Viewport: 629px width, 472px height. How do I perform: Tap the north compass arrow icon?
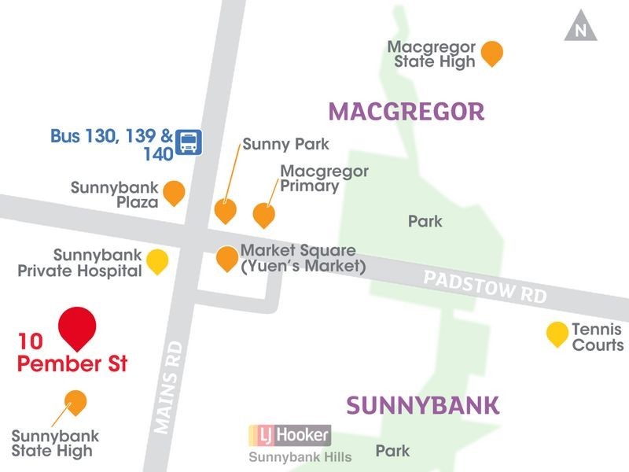581,28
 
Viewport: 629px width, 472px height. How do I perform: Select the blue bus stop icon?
189,142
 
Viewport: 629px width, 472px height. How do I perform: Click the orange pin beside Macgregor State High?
491,53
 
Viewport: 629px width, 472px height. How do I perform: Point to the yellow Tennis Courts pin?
557,334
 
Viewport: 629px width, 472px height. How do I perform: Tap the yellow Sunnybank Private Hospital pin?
158,260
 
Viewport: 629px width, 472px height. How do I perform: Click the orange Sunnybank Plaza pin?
174,193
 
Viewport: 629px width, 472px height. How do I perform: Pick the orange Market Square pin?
227,258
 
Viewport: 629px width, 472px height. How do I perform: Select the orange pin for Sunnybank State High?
75,402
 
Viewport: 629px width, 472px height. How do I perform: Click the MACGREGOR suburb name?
406,112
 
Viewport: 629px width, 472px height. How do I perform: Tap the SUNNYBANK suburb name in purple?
423,405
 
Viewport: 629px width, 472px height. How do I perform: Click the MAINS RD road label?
169,387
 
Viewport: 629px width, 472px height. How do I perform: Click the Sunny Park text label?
285,145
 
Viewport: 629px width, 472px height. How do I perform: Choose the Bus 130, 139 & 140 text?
112,144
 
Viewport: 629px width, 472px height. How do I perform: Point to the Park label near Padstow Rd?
425,222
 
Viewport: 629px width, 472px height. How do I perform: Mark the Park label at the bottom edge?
392,452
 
